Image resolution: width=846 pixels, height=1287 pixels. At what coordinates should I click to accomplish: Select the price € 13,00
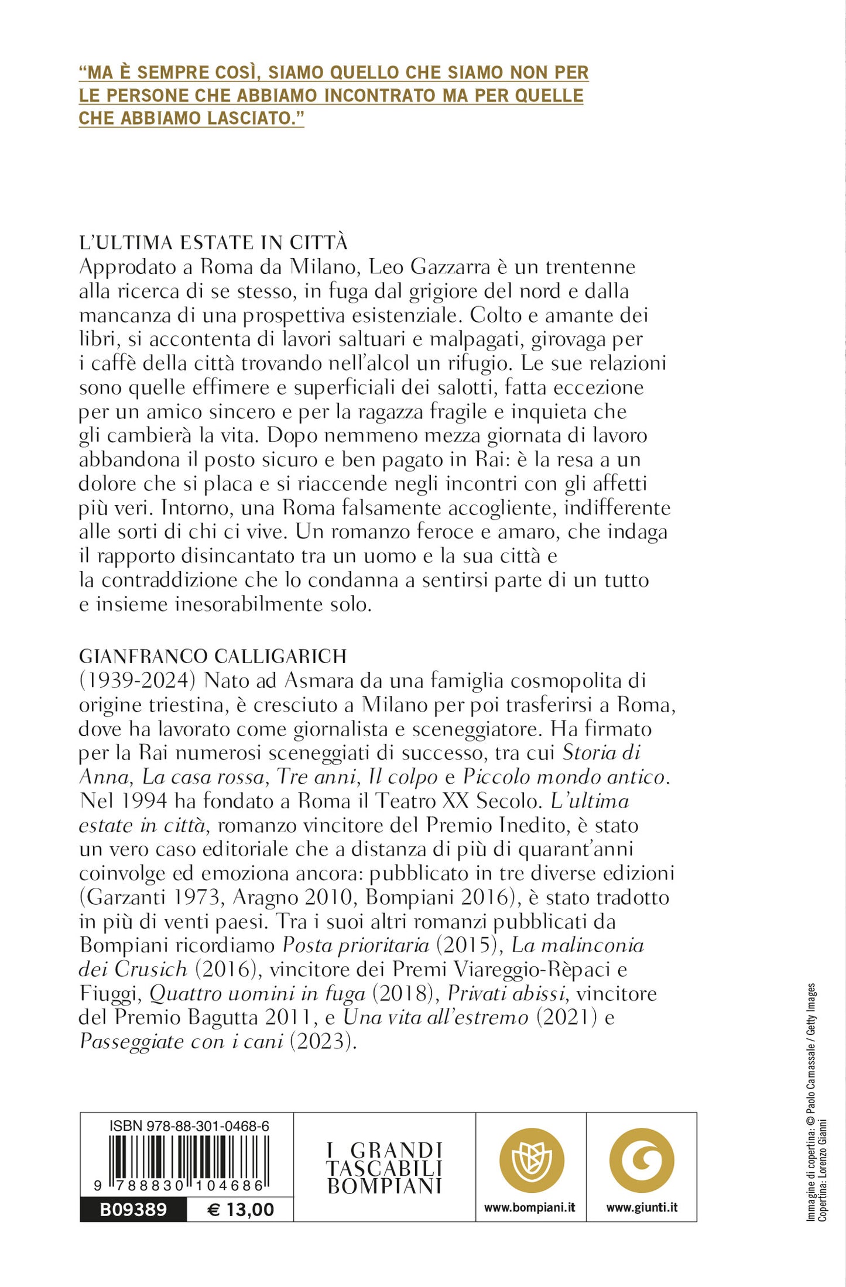241,1209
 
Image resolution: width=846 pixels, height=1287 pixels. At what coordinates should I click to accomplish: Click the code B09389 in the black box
133,1209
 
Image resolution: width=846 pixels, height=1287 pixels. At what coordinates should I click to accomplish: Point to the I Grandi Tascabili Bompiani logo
384,1168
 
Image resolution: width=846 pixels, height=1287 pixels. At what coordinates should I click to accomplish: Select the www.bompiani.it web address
530,1207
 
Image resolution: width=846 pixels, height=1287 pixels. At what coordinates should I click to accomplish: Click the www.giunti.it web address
642,1207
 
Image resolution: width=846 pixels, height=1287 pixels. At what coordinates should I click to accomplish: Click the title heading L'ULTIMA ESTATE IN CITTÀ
213,242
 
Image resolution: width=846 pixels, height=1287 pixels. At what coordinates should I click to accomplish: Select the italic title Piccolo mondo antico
565,777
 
